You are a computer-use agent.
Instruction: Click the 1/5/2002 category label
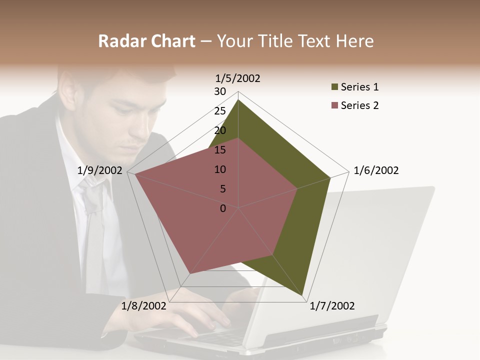click(237, 78)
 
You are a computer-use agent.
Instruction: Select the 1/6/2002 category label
click(376, 170)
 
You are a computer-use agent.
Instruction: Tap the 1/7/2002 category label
click(332, 306)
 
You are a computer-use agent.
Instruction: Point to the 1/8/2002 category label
click(143, 306)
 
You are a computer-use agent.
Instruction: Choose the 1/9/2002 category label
click(100, 170)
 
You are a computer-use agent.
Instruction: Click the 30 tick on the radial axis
click(220, 91)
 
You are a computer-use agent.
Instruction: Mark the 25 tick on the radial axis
click(220, 111)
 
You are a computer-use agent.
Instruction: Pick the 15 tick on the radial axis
click(220, 150)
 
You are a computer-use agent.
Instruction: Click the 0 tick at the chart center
click(223, 208)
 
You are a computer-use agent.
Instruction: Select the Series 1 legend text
click(359, 87)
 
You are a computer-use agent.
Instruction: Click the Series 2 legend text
click(359, 105)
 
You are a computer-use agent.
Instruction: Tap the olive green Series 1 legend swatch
click(334, 87)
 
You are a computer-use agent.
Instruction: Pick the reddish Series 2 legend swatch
click(334, 105)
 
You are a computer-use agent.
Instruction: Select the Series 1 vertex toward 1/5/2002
click(238, 100)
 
